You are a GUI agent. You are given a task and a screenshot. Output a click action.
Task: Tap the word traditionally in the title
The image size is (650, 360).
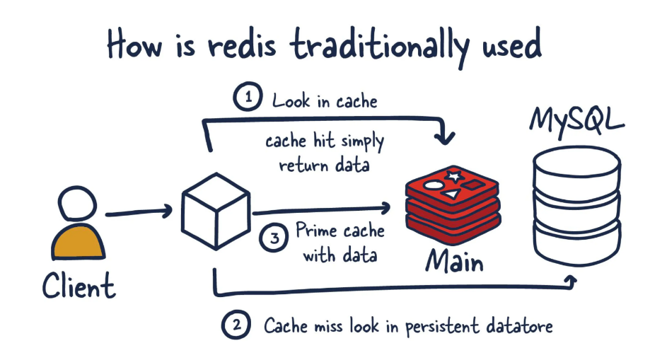click(x=379, y=47)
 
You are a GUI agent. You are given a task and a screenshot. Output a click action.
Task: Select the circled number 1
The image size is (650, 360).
click(x=248, y=96)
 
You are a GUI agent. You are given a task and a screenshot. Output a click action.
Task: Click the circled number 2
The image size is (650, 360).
click(x=236, y=325)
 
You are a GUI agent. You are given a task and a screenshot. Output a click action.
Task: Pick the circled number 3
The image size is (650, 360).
click(x=274, y=237)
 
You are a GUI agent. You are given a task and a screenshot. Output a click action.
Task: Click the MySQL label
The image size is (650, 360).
click(x=576, y=121)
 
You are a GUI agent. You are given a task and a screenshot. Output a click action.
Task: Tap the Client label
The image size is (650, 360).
click(x=79, y=285)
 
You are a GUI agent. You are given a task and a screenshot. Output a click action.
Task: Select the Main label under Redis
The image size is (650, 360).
click(x=454, y=261)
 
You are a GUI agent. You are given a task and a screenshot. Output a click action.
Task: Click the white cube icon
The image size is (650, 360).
click(x=216, y=211)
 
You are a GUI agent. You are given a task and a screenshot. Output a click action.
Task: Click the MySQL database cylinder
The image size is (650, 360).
click(x=576, y=205)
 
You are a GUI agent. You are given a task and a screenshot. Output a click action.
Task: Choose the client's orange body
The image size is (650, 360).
click(x=78, y=242)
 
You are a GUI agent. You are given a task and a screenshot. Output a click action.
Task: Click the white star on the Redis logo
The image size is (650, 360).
click(x=454, y=176)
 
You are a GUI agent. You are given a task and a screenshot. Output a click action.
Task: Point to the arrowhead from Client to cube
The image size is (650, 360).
click(x=167, y=211)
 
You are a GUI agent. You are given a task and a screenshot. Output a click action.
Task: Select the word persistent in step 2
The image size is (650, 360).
click(x=442, y=327)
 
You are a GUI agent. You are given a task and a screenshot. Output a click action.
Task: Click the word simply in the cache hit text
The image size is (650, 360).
click(x=362, y=142)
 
